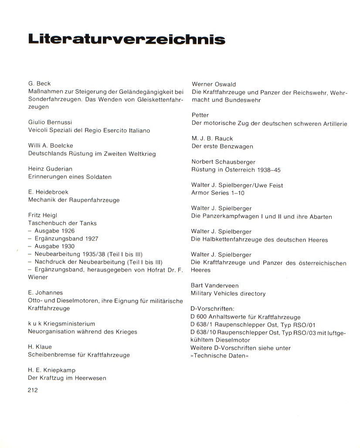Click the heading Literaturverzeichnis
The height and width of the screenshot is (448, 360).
click(x=127, y=39)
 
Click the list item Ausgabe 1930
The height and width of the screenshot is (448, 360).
click(x=54, y=246)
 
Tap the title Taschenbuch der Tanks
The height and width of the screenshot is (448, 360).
click(x=62, y=223)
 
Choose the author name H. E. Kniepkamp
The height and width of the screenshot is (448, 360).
click(x=52, y=370)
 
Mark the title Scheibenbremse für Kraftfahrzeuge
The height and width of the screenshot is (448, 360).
click(x=79, y=355)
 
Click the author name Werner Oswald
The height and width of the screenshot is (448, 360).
click(x=214, y=84)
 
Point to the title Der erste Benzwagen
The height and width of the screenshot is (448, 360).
click(x=222, y=146)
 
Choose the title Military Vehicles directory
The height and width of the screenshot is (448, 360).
click(x=228, y=293)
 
